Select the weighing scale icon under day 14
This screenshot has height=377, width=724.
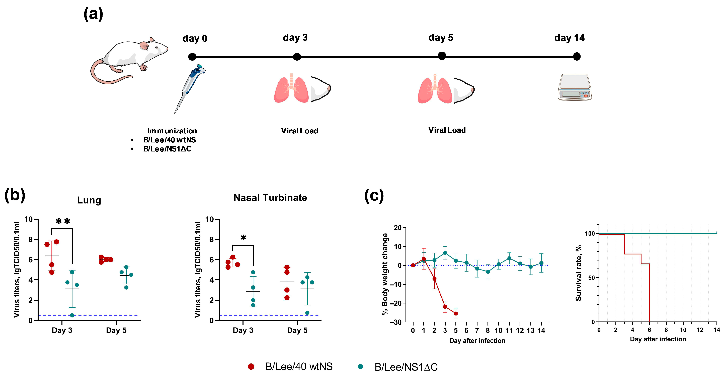point(575,87)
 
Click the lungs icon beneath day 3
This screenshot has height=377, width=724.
point(291,89)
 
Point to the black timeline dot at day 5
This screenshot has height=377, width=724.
point(442,56)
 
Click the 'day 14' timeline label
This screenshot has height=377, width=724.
point(569,38)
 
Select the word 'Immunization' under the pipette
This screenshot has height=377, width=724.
point(172,131)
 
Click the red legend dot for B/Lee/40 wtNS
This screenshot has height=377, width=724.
point(251,366)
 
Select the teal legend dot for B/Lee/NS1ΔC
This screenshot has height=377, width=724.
point(360,366)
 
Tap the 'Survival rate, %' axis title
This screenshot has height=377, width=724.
point(578,273)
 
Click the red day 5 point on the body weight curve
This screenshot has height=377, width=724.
point(456,313)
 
